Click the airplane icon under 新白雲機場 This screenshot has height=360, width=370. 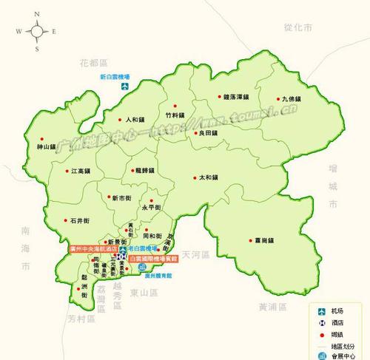click(127, 86)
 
